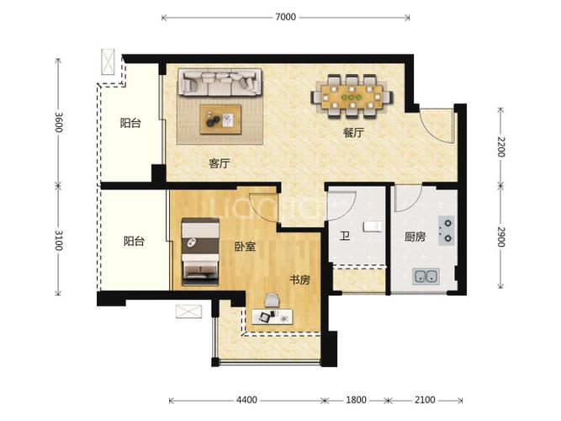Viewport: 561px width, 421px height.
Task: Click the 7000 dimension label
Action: [285, 17]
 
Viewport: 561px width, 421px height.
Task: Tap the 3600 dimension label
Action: [59, 122]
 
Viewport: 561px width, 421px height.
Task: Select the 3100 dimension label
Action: [59, 240]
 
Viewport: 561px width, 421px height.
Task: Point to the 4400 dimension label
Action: [246, 399]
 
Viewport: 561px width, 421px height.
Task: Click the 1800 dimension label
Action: [356, 399]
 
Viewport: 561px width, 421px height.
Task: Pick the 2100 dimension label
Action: [425, 399]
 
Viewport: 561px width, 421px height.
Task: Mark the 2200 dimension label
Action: [500, 147]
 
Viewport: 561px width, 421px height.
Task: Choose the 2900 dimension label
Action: [500, 237]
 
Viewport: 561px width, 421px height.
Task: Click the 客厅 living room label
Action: [219, 163]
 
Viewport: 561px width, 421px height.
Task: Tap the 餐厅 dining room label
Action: [353, 133]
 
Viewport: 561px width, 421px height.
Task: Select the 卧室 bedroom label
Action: [245, 246]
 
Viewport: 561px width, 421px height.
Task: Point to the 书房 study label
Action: [299, 280]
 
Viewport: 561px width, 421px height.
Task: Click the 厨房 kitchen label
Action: [415, 237]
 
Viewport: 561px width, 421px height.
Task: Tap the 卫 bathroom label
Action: [345, 236]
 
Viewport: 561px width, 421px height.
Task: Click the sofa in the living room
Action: [220, 83]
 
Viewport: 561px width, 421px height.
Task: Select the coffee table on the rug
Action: [220, 120]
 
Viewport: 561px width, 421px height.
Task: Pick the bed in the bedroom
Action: [200, 252]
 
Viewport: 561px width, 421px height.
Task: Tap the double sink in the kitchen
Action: [426, 276]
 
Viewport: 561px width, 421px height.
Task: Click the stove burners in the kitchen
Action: [447, 230]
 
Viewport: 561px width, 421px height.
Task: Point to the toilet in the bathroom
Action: [373, 226]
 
